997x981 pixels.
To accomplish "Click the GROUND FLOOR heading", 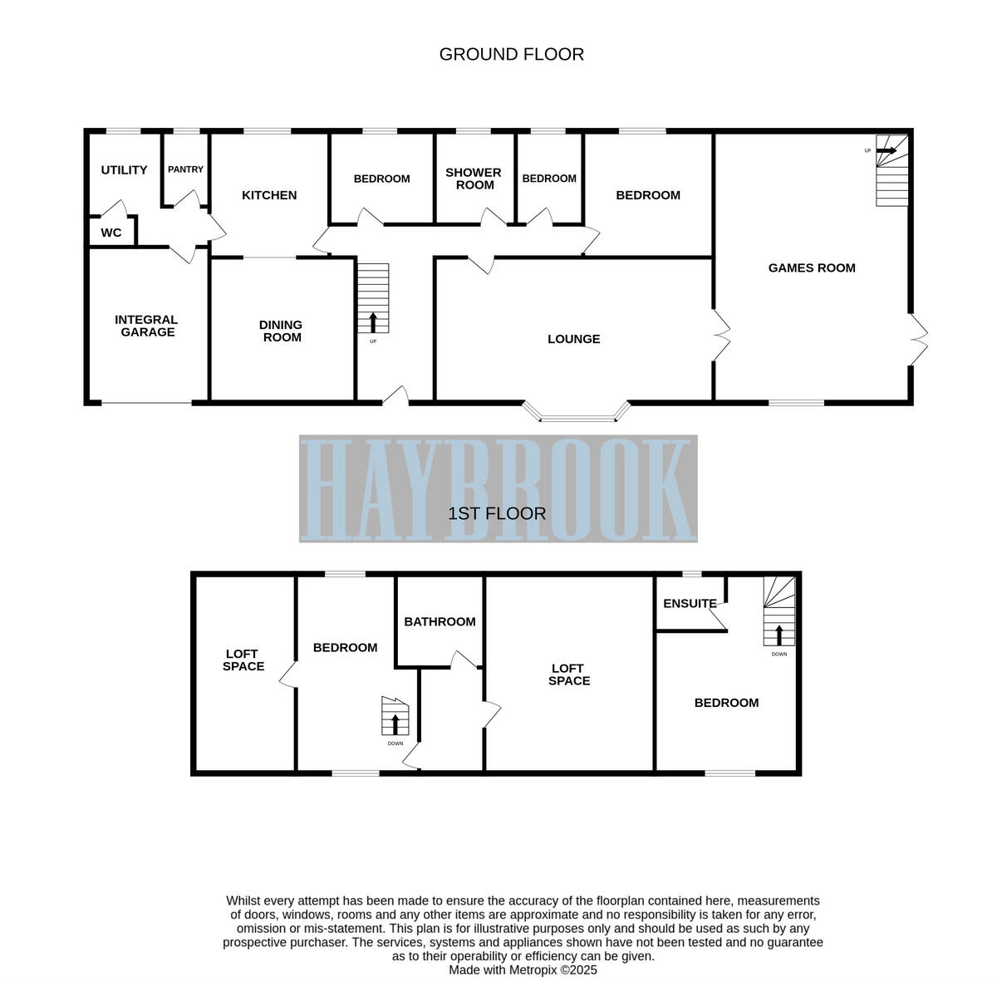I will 511,55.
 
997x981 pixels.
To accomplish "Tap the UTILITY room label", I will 124,170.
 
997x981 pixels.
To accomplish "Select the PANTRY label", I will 185,169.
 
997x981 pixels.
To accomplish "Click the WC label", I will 111,233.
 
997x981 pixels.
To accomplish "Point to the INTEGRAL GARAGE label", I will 146,326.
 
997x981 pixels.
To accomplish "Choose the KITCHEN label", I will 269,195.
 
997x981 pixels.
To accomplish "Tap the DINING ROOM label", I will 282,331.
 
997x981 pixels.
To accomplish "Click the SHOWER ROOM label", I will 474,179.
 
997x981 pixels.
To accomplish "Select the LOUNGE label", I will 573,339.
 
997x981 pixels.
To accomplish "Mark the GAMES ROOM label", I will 812,267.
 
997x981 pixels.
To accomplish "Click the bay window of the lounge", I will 577,415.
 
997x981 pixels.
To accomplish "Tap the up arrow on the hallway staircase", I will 372,321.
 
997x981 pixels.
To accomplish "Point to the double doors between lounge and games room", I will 720,336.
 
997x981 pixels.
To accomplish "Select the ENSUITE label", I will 690,604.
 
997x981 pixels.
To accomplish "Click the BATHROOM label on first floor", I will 440,621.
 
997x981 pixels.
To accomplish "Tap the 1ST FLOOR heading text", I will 497,513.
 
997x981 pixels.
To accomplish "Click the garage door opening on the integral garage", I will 146,403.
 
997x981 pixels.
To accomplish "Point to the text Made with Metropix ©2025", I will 523,969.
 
